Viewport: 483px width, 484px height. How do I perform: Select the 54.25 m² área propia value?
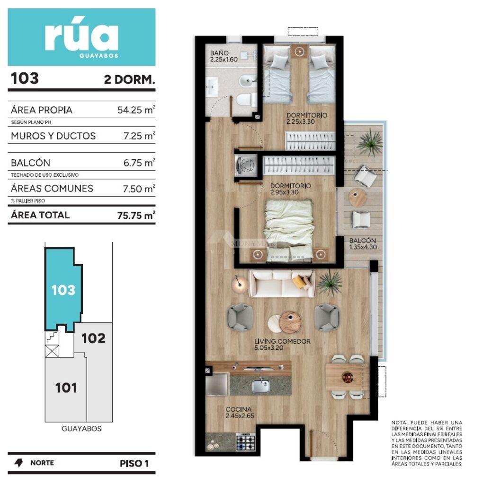(136, 110)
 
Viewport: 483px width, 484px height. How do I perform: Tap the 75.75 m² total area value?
(136, 215)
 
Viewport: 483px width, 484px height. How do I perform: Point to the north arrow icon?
(18, 463)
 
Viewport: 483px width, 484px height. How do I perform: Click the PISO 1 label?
(134, 463)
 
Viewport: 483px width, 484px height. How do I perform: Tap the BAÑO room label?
(219, 53)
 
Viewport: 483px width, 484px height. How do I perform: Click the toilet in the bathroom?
(246, 100)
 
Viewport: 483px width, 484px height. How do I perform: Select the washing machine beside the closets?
(246, 165)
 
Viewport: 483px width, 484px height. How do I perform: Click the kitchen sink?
(260, 386)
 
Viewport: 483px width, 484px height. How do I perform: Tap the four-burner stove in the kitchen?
(246, 442)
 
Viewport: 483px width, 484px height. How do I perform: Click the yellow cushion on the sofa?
(299, 282)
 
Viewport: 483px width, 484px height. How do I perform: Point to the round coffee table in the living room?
(290, 322)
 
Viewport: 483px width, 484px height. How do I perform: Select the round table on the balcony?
(358, 197)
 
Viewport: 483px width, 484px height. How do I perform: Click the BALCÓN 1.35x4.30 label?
(363, 243)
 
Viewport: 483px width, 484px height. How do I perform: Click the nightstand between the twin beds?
(299, 52)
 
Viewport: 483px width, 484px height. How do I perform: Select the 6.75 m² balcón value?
(139, 163)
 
